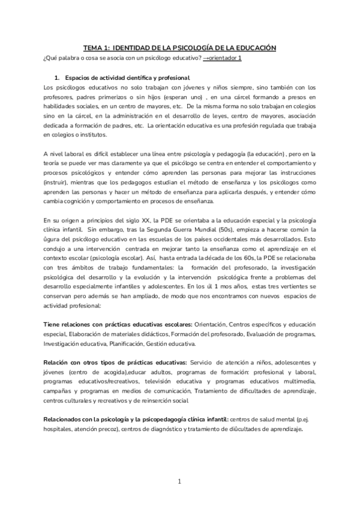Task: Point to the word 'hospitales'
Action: coord(61,429)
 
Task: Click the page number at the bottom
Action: coord(179,481)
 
